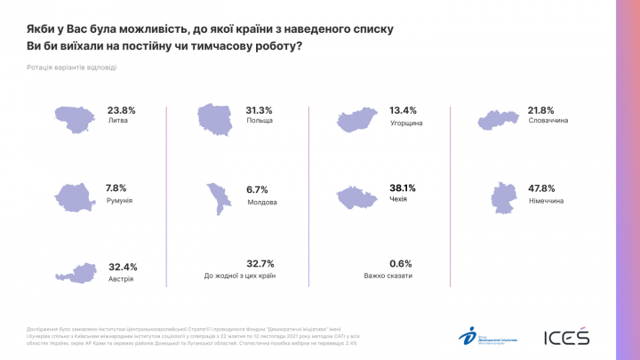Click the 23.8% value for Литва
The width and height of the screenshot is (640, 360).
click(121, 110)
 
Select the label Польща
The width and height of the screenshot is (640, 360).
click(260, 121)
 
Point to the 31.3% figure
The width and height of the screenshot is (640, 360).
click(260, 110)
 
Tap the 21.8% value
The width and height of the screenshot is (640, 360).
click(541, 109)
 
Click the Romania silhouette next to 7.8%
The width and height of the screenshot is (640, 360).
click(77, 196)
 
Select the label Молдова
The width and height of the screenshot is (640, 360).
click(263, 202)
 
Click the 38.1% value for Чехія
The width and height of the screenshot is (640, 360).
click(403, 188)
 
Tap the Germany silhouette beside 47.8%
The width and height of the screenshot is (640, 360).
click(503, 196)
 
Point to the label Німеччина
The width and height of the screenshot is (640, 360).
click(548, 202)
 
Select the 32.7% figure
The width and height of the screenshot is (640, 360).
click(260, 264)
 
